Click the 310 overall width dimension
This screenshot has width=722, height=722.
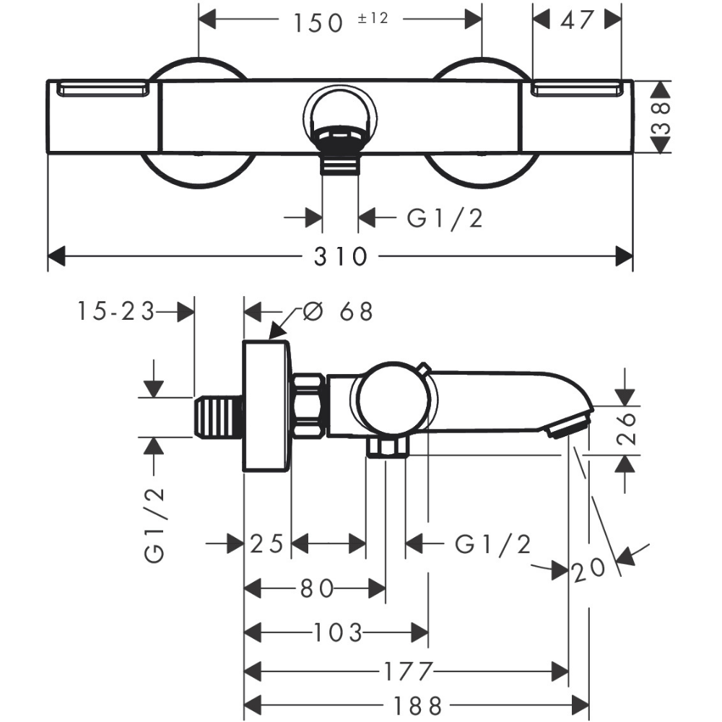(x=341, y=256)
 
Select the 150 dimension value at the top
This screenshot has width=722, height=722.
(x=318, y=22)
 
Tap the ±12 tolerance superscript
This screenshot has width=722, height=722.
(x=373, y=18)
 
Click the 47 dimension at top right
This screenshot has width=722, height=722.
(x=577, y=20)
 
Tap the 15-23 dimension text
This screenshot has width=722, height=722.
(x=116, y=312)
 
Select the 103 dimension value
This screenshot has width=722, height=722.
(x=337, y=634)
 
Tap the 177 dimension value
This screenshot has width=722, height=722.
(x=406, y=671)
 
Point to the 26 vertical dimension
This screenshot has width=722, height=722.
(x=627, y=428)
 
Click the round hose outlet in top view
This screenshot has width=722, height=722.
(x=339, y=116)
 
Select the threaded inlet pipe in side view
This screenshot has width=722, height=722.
(x=219, y=417)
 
